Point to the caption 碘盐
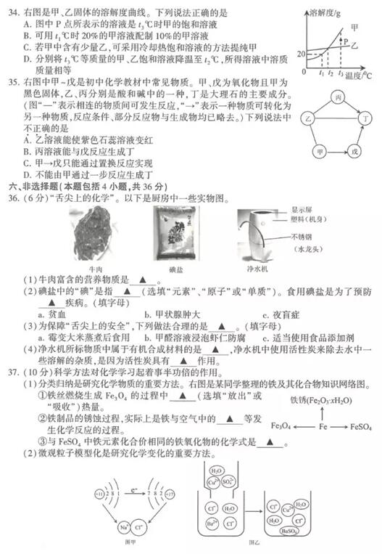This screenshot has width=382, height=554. tap(173, 269)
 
